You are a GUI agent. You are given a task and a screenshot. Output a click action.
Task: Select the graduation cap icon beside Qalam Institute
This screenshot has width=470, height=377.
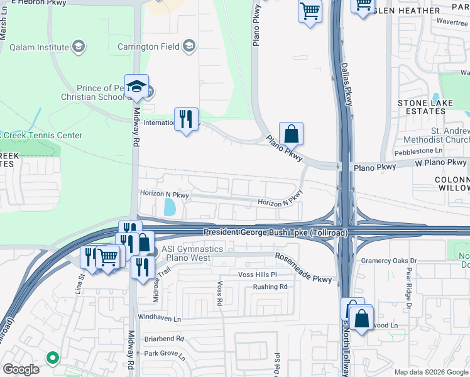[x=79, y=46]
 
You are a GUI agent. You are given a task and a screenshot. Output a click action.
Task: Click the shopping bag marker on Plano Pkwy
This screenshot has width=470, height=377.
[x=292, y=134]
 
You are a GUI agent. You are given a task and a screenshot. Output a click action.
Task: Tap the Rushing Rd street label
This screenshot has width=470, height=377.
[x=270, y=287]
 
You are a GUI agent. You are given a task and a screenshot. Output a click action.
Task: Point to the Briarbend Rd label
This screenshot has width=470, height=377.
[x=164, y=338]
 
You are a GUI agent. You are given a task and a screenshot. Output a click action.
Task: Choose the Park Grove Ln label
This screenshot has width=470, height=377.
[x=165, y=354]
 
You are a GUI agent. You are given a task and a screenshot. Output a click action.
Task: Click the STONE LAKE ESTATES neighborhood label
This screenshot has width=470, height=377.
[x=422, y=107]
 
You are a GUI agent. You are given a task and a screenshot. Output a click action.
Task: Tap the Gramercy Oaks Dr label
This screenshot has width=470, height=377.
[x=388, y=261]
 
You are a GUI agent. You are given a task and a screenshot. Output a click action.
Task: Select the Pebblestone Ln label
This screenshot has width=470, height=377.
[x=418, y=152]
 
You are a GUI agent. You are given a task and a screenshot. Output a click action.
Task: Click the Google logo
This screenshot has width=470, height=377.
[x=21, y=369]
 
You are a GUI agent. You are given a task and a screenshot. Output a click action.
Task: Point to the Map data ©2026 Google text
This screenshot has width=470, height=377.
[x=430, y=372]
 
